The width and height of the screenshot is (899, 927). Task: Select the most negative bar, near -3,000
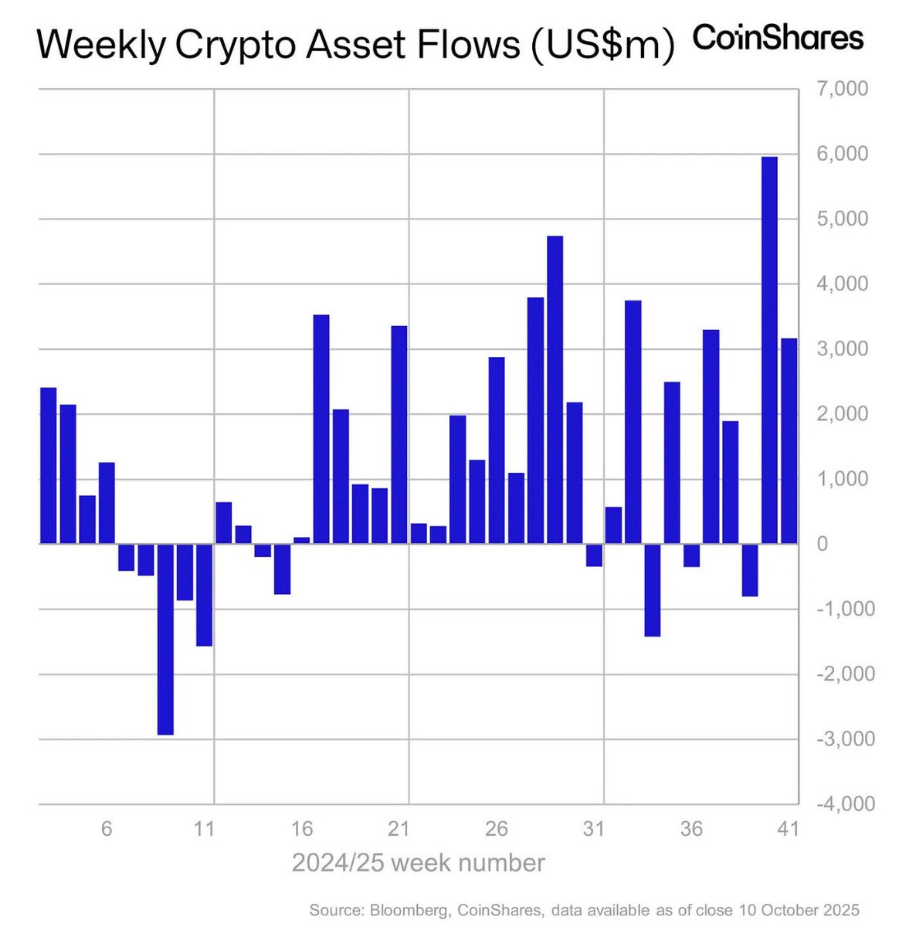tap(165, 639)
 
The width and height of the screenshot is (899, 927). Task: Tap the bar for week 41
tap(789, 440)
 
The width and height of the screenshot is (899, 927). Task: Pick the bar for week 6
tap(107, 503)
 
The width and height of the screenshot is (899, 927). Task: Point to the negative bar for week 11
tap(204, 594)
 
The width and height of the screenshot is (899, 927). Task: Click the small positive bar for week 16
tap(302, 540)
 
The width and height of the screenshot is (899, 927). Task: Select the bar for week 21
tap(399, 435)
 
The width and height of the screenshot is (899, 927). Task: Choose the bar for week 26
tap(497, 450)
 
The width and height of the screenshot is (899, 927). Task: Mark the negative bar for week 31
tap(594, 555)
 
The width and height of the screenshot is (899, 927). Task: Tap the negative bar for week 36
tap(691, 555)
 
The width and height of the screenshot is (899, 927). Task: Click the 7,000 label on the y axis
tap(842, 89)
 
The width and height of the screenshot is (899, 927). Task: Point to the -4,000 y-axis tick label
tap(839, 803)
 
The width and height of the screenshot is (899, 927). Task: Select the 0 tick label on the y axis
tap(822, 544)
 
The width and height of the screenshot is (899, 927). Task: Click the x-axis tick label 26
tap(497, 829)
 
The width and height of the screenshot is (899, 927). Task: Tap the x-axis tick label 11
tap(204, 829)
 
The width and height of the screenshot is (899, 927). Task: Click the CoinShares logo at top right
tap(777, 37)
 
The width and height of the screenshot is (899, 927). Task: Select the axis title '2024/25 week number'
tap(418, 862)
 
